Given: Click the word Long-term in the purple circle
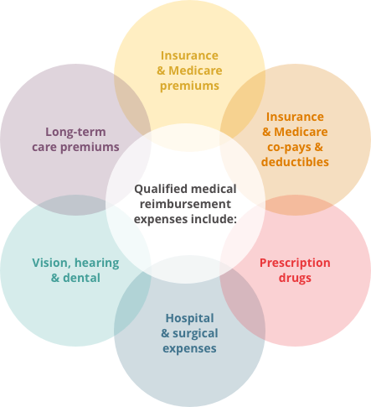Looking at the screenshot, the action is coord(75,132).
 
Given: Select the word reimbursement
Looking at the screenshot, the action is coord(185,204).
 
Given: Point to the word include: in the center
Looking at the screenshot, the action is coord(214,219).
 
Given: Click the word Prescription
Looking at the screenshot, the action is coord(295,264).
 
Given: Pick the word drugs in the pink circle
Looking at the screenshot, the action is coord(295,279).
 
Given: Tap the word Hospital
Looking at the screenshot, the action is coord(190,318).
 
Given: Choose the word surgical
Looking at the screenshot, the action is coord(195,334).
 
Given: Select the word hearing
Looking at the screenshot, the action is coord(97,263).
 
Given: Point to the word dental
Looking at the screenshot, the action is coord(81,278).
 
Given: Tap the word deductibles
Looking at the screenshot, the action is coord(295,162).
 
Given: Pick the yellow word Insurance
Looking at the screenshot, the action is coord(189,55).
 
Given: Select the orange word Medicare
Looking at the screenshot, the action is coord(301,132).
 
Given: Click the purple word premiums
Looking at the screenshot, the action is coord(90,147).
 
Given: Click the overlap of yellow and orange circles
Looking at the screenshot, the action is coord(243,103).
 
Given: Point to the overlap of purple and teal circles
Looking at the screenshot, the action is coord(75,205).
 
